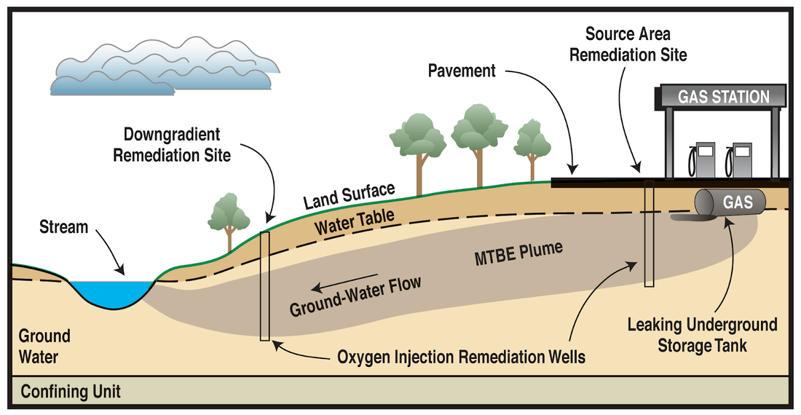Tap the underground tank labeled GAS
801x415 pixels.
(x=730, y=202)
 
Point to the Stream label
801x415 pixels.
(x=64, y=226)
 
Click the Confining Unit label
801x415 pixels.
(x=71, y=392)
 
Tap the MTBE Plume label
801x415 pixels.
(x=518, y=253)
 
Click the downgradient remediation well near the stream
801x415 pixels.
(x=264, y=286)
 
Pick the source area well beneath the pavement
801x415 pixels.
(x=650, y=233)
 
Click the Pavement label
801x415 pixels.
(x=462, y=71)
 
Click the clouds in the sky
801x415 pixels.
(x=165, y=66)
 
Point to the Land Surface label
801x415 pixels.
(x=349, y=196)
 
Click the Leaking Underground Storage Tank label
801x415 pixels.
(x=703, y=335)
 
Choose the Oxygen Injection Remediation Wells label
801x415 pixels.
(x=461, y=356)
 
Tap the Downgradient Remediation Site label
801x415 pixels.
(x=172, y=144)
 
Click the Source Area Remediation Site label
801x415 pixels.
(x=628, y=44)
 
